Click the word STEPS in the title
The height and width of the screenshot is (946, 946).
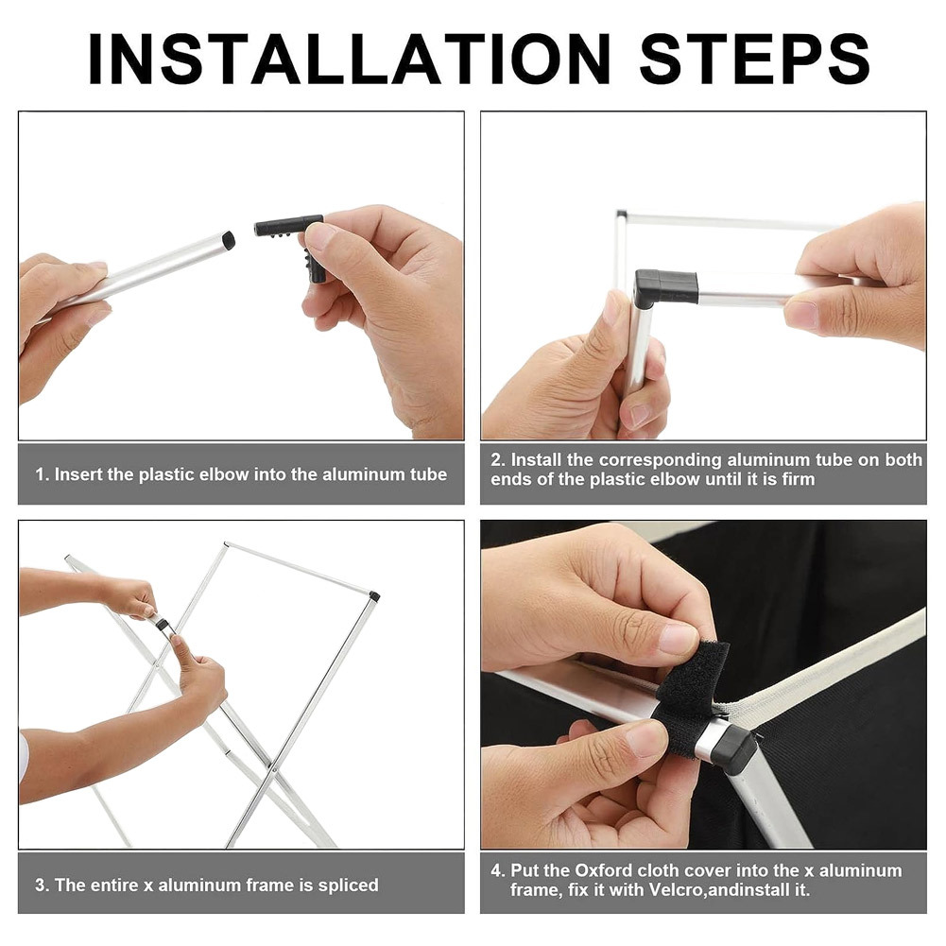coord(754,59)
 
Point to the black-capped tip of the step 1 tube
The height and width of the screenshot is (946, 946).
coord(228,240)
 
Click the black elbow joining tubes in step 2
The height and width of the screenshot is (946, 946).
coord(663,288)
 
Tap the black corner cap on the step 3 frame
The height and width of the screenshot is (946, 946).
coord(374,596)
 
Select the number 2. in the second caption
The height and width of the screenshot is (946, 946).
coord(498,459)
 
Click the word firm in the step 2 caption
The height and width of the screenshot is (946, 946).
coord(799,479)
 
